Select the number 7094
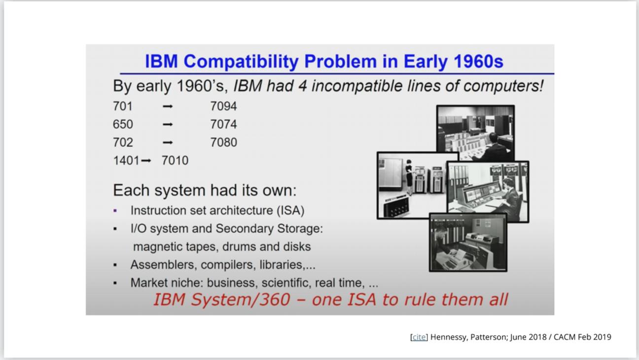click(x=224, y=107)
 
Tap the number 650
click(x=123, y=124)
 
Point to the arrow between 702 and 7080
click(x=168, y=143)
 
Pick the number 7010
click(x=175, y=161)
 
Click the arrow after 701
click(x=168, y=107)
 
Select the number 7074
click(x=224, y=124)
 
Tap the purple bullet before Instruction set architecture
click(x=115, y=211)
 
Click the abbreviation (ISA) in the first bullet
click(x=290, y=211)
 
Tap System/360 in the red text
click(x=240, y=300)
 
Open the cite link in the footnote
click(x=419, y=337)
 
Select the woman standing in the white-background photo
click(x=409, y=177)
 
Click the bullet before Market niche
click(x=115, y=283)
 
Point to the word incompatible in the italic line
click(x=357, y=86)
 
